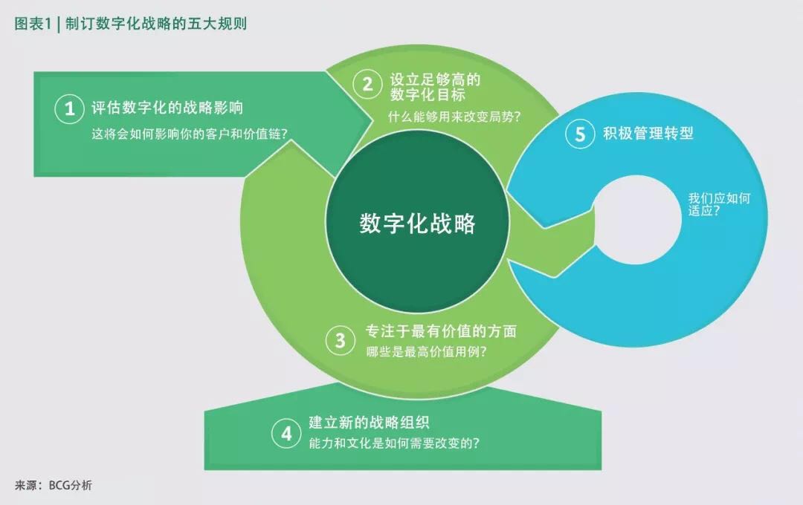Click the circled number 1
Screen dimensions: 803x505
click(70, 108)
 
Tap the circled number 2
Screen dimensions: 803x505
click(367, 85)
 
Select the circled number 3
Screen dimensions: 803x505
click(340, 340)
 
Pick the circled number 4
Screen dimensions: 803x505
click(286, 434)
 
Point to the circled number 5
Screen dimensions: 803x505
click(580, 134)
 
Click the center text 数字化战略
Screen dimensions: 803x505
click(417, 224)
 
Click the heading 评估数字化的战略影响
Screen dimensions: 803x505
click(167, 108)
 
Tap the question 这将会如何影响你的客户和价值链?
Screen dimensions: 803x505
click(190, 134)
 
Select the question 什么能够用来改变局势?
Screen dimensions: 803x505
click(454, 117)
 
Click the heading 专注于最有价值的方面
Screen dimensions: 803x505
click(441, 331)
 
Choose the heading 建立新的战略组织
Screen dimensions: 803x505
click(369, 422)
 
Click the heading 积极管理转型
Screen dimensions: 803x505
click(648, 134)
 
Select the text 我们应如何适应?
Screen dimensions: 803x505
click(719, 204)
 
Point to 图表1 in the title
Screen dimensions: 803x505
click(33, 24)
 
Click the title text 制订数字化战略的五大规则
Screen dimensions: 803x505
click(156, 24)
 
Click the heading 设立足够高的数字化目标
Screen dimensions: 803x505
click(435, 87)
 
